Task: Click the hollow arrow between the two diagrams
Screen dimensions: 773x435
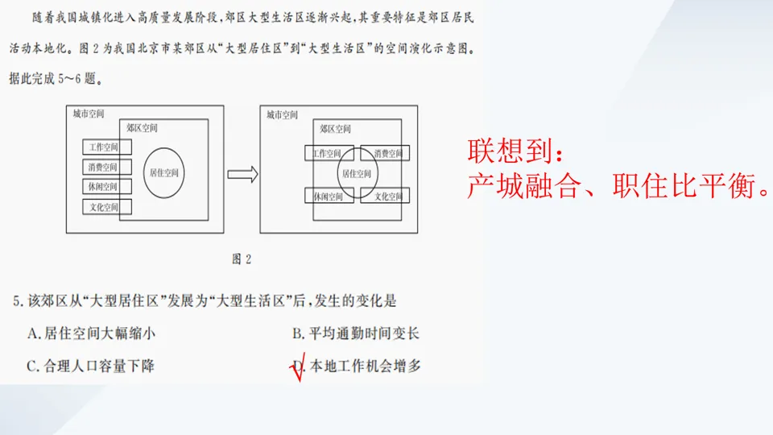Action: pyautogui.click(x=242, y=174)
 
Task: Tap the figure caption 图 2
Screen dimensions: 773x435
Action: pyautogui.click(x=242, y=259)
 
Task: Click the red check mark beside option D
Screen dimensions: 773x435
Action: pyautogui.click(x=297, y=369)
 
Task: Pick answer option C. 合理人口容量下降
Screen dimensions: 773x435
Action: pyautogui.click(x=90, y=366)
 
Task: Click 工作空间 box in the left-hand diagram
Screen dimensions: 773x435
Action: pyautogui.click(x=105, y=147)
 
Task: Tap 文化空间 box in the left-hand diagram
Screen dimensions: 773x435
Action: pyautogui.click(x=105, y=207)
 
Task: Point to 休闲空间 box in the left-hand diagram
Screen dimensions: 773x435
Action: pyautogui.click(x=105, y=187)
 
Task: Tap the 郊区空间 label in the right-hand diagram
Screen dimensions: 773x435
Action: pyautogui.click(x=335, y=129)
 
